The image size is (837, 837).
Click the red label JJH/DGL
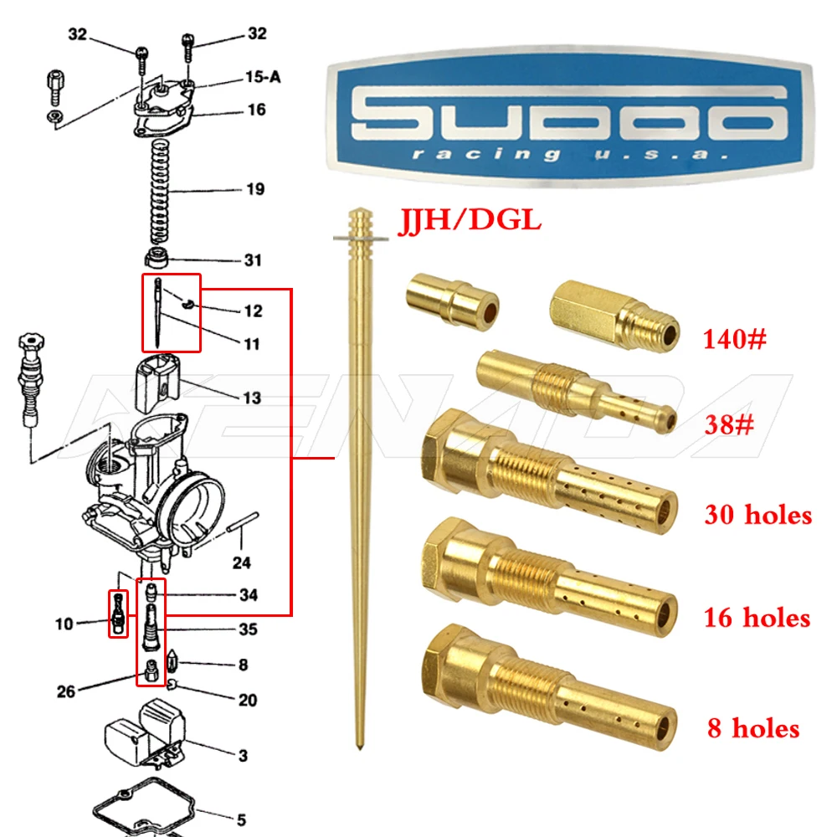(469, 221)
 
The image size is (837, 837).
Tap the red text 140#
(734, 340)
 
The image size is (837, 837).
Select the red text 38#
(727, 425)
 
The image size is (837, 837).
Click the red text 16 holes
(757, 618)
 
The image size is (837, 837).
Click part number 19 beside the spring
(254, 190)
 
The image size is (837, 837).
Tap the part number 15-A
(262, 77)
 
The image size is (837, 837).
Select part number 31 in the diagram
(252, 260)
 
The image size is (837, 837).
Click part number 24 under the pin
(241, 562)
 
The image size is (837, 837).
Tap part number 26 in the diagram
(66, 691)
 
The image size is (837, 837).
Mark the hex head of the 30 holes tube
(452, 452)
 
